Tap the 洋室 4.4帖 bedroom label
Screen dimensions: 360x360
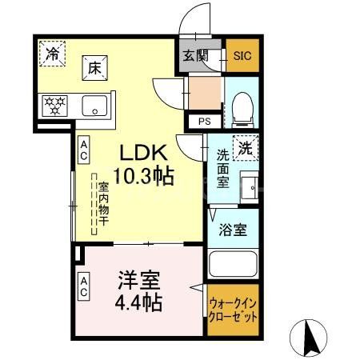[140, 291]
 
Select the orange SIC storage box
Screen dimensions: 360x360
[241, 55]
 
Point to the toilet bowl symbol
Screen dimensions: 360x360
[242, 108]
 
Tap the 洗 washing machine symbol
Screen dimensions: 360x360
[246, 147]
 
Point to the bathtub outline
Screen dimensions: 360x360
[232, 263]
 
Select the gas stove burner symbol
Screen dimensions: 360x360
[55, 104]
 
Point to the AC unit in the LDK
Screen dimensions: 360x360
[83, 150]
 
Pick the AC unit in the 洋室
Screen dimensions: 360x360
[83, 286]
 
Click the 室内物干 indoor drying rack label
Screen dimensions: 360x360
[102, 207]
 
